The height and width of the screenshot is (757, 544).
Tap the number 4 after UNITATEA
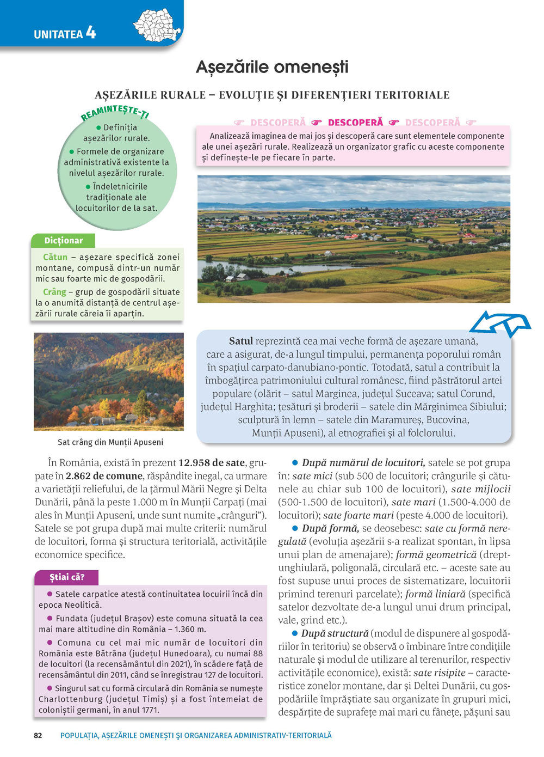coord(91,33)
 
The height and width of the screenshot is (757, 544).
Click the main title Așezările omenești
coord(272,68)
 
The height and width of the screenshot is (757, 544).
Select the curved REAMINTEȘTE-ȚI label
coord(115,113)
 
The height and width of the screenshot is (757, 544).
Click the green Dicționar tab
coord(64,241)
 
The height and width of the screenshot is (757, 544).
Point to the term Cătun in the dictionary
coord(55,257)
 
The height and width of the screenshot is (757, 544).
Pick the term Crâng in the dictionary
coord(54,292)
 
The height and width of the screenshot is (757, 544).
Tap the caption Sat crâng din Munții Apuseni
coord(110,442)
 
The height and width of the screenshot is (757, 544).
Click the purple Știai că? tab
coord(66,577)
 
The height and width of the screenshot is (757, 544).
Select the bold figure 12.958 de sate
coord(212,463)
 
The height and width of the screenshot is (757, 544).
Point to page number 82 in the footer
coord(38,735)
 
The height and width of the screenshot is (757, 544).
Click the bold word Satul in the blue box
coord(241,341)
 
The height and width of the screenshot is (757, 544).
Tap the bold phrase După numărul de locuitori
coord(363,463)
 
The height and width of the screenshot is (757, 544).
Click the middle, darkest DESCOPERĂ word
coord(355,123)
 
